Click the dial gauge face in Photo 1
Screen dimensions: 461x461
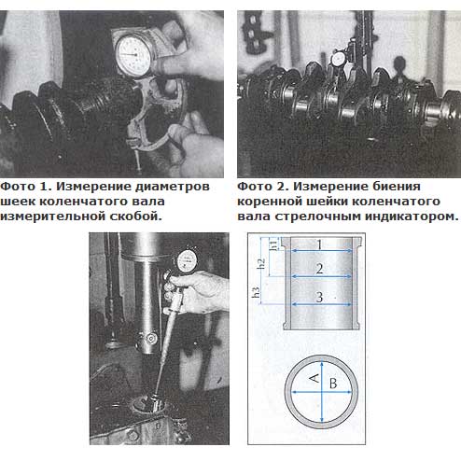(x=134, y=56)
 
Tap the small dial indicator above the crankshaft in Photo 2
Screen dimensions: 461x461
(x=339, y=59)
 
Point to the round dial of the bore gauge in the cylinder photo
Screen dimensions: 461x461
(x=187, y=260)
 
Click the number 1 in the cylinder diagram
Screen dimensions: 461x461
(x=319, y=245)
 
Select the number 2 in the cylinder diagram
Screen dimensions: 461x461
(x=319, y=269)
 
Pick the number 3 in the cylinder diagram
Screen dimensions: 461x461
(x=319, y=297)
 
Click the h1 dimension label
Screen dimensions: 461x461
(x=274, y=244)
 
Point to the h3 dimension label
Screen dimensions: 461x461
(x=256, y=293)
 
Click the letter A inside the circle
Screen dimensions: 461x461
(x=314, y=378)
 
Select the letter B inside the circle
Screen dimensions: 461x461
(x=333, y=384)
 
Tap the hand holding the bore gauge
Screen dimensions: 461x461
(x=196, y=291)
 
